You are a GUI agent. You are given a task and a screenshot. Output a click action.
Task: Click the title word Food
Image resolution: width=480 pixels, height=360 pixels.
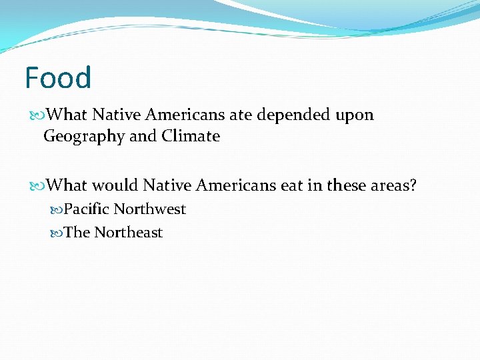point(58,78)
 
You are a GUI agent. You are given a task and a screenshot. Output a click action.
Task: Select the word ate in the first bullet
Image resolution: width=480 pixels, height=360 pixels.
point(241,115)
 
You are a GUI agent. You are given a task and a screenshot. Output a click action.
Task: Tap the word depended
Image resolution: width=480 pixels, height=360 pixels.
point(294,115)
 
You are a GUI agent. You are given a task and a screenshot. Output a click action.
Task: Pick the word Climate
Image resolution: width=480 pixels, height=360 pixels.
point(191,136)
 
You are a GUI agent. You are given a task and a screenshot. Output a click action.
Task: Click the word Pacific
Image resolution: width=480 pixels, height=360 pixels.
point(86,209)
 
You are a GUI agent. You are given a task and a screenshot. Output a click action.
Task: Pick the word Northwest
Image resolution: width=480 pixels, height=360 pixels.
point(149,209)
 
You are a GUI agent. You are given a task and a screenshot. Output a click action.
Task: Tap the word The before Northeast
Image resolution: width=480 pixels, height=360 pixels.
point(77,232)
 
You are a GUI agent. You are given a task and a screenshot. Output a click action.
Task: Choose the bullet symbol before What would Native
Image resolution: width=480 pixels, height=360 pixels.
point(39,185)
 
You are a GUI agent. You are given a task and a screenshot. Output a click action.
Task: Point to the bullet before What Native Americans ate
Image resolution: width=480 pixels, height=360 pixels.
point(39,115)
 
